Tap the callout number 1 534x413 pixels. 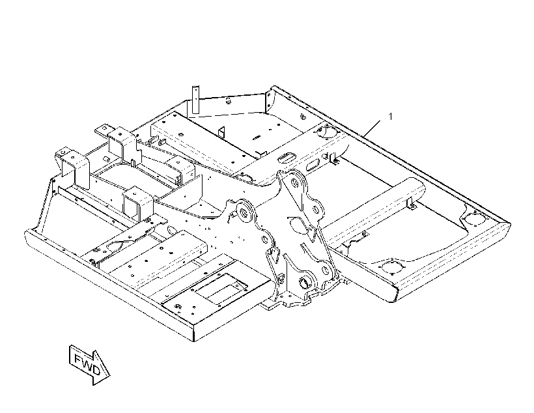pyautogui.click(x=391, y=117)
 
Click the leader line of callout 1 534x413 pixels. pyautogui.click(x=372, y=128)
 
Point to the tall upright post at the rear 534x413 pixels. pyautogui.click(x=195, y=100)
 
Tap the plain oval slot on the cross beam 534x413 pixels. pyautogui.click(x=313, y=165)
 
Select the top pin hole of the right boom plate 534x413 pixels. pyautogui.click(x=294, y=184)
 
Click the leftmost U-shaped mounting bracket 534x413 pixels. pyautogui.click(x=73, y=167)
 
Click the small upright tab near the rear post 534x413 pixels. pyautogui.click(x=221, y=134)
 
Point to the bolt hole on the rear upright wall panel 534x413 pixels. pyautogui.click(x=229, y=100)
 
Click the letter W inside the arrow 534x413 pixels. pyautogui.click(x=87, y=363)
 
